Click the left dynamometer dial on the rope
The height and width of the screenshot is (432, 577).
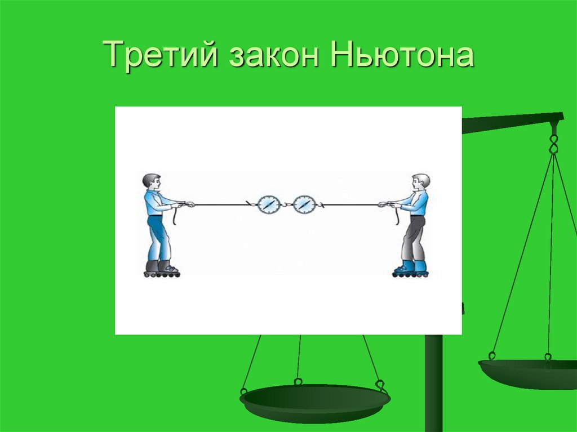268,204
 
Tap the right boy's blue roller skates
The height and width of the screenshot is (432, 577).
411,269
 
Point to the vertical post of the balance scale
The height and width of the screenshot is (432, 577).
433,383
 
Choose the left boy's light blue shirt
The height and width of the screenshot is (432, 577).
154,202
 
